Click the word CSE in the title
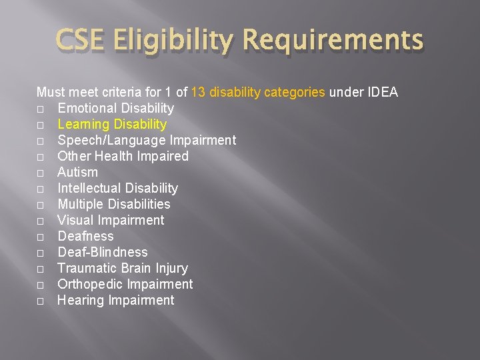click(x=78, y=41)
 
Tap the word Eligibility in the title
click(x=172, y=41)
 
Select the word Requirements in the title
click(x=333, y=41)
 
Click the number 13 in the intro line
click(x=198, y=92)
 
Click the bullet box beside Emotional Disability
click(x=41, y=109)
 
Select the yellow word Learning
click(x=83, y=124)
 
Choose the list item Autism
click(x=77, y=172)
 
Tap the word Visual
click(x=75, y=220)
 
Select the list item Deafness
click(x=85, y=236)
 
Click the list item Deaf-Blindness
click(x=102, y=252)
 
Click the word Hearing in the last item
click(x=81, y=300)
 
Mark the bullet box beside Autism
click(x=41, y=173)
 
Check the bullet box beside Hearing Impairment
click(x=41, y=301)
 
